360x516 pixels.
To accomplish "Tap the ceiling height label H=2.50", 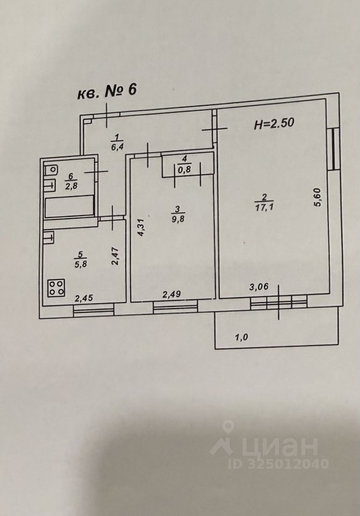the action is pyautogui.click(x=274, y=125).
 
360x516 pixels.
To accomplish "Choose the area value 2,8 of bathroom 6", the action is pyautogui.click(x=70, y=186).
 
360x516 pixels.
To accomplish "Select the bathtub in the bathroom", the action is pyautogui.click(x=70, y=207).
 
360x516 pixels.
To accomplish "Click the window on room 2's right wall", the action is pyautogui.click(x=335, y=148).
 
